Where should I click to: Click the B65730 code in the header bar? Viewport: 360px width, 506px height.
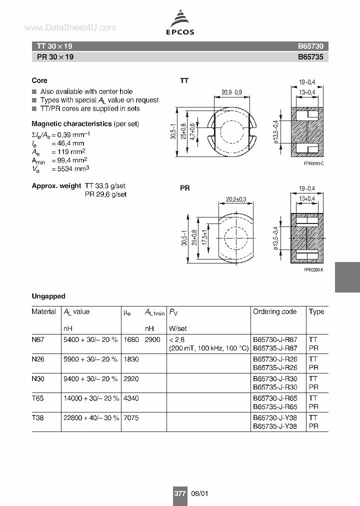tap(310, 46)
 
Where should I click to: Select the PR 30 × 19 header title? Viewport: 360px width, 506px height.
tap(55, 57)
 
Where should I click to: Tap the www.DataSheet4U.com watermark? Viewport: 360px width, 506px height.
tap(69, 28)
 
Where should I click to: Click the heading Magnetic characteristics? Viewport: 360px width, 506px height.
tap(71, 123)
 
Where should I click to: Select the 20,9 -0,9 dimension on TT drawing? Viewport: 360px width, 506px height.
tap(231, 91)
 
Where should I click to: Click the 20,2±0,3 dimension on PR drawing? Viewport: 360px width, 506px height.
tap(236, 199)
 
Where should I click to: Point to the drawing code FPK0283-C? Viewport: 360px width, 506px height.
tap(313, 164)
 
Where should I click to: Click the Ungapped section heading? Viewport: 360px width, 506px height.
tap(48, 296)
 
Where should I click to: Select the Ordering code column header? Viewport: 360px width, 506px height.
tap(274, 311)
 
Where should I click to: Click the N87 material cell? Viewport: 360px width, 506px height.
tap(38, 339)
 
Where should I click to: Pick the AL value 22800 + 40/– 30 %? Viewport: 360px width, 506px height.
tap(91, 417)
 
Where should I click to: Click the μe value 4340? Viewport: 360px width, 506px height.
tap(131, 398)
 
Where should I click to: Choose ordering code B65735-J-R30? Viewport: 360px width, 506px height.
tap(275, 387)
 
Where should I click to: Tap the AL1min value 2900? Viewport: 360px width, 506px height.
tap(152, 339)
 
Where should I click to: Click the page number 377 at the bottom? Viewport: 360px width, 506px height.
tap(179, 493)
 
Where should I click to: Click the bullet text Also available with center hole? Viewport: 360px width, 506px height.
tap(86, 91)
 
